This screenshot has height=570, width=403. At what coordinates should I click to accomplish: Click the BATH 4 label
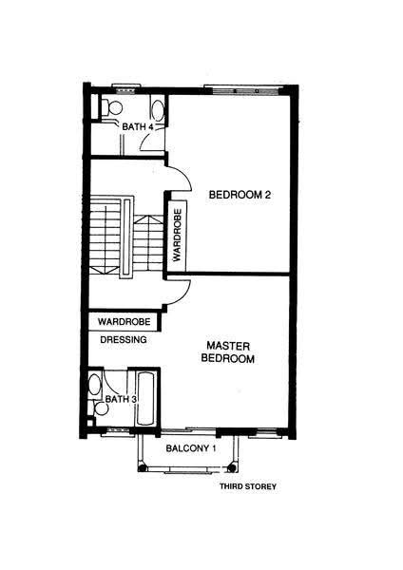138,127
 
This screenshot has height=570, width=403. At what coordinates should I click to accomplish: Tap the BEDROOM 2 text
240,195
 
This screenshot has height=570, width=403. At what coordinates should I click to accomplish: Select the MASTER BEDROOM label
228,351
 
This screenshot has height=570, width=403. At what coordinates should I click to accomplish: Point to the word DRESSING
124,339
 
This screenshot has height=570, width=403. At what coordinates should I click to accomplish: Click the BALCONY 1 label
191,448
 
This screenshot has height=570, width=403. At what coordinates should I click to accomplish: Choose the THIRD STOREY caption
248,486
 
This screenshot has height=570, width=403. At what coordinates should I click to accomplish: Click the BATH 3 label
121,399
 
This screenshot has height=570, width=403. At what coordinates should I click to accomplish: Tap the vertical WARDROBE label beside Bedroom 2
178,235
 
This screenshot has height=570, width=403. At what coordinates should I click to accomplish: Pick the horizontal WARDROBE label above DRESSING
124,322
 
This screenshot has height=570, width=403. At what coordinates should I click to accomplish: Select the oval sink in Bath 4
158,109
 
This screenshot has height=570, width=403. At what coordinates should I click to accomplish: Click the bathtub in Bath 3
145,398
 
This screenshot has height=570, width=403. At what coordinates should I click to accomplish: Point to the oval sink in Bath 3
95,385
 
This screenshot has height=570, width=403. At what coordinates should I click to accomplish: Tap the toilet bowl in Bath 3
100,408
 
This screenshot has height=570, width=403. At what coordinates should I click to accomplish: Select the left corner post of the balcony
143,468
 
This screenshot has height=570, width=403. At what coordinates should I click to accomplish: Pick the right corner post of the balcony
231,467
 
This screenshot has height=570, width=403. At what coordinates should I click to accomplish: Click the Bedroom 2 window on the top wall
242,89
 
